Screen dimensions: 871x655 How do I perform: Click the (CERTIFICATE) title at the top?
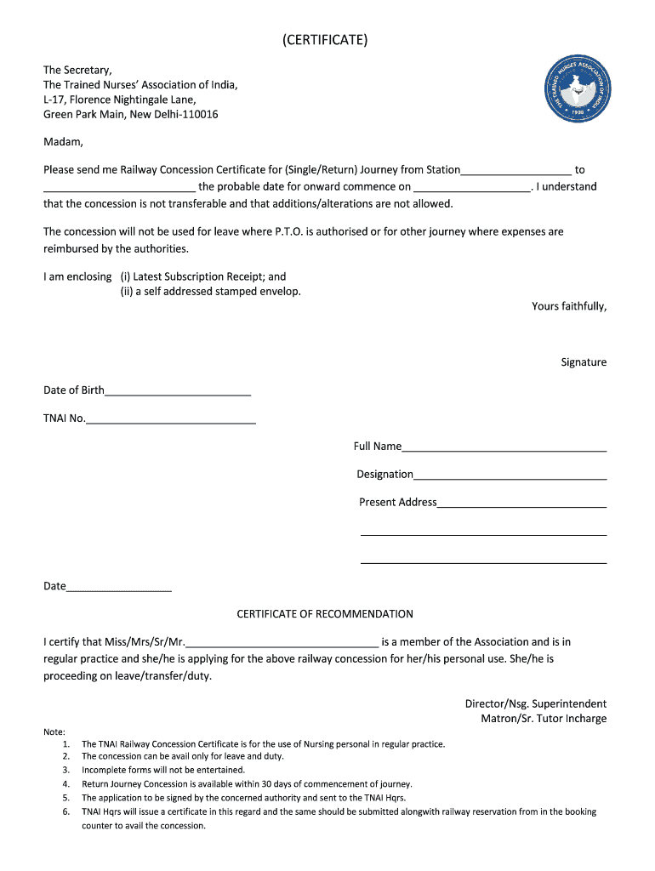325,41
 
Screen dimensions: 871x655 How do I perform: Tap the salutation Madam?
63,142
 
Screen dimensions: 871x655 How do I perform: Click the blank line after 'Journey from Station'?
516,171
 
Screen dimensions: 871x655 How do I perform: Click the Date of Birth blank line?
178,391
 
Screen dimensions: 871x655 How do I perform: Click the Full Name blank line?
504,447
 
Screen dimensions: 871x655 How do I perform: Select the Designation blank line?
510,475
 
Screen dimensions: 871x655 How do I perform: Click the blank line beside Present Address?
521,504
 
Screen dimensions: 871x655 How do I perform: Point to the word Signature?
584,362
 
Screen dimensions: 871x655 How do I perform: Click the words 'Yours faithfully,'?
569,306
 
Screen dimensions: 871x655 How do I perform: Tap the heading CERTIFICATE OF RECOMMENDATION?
325,614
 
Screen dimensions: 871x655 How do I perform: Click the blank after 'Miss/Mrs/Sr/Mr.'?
282,643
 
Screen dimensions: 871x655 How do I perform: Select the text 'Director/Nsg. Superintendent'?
535,703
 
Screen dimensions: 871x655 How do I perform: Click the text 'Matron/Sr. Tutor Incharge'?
544,719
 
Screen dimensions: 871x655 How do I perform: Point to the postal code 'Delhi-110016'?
186,114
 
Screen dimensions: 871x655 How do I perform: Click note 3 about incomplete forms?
162,770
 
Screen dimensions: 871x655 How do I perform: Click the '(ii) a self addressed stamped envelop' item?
210,292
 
